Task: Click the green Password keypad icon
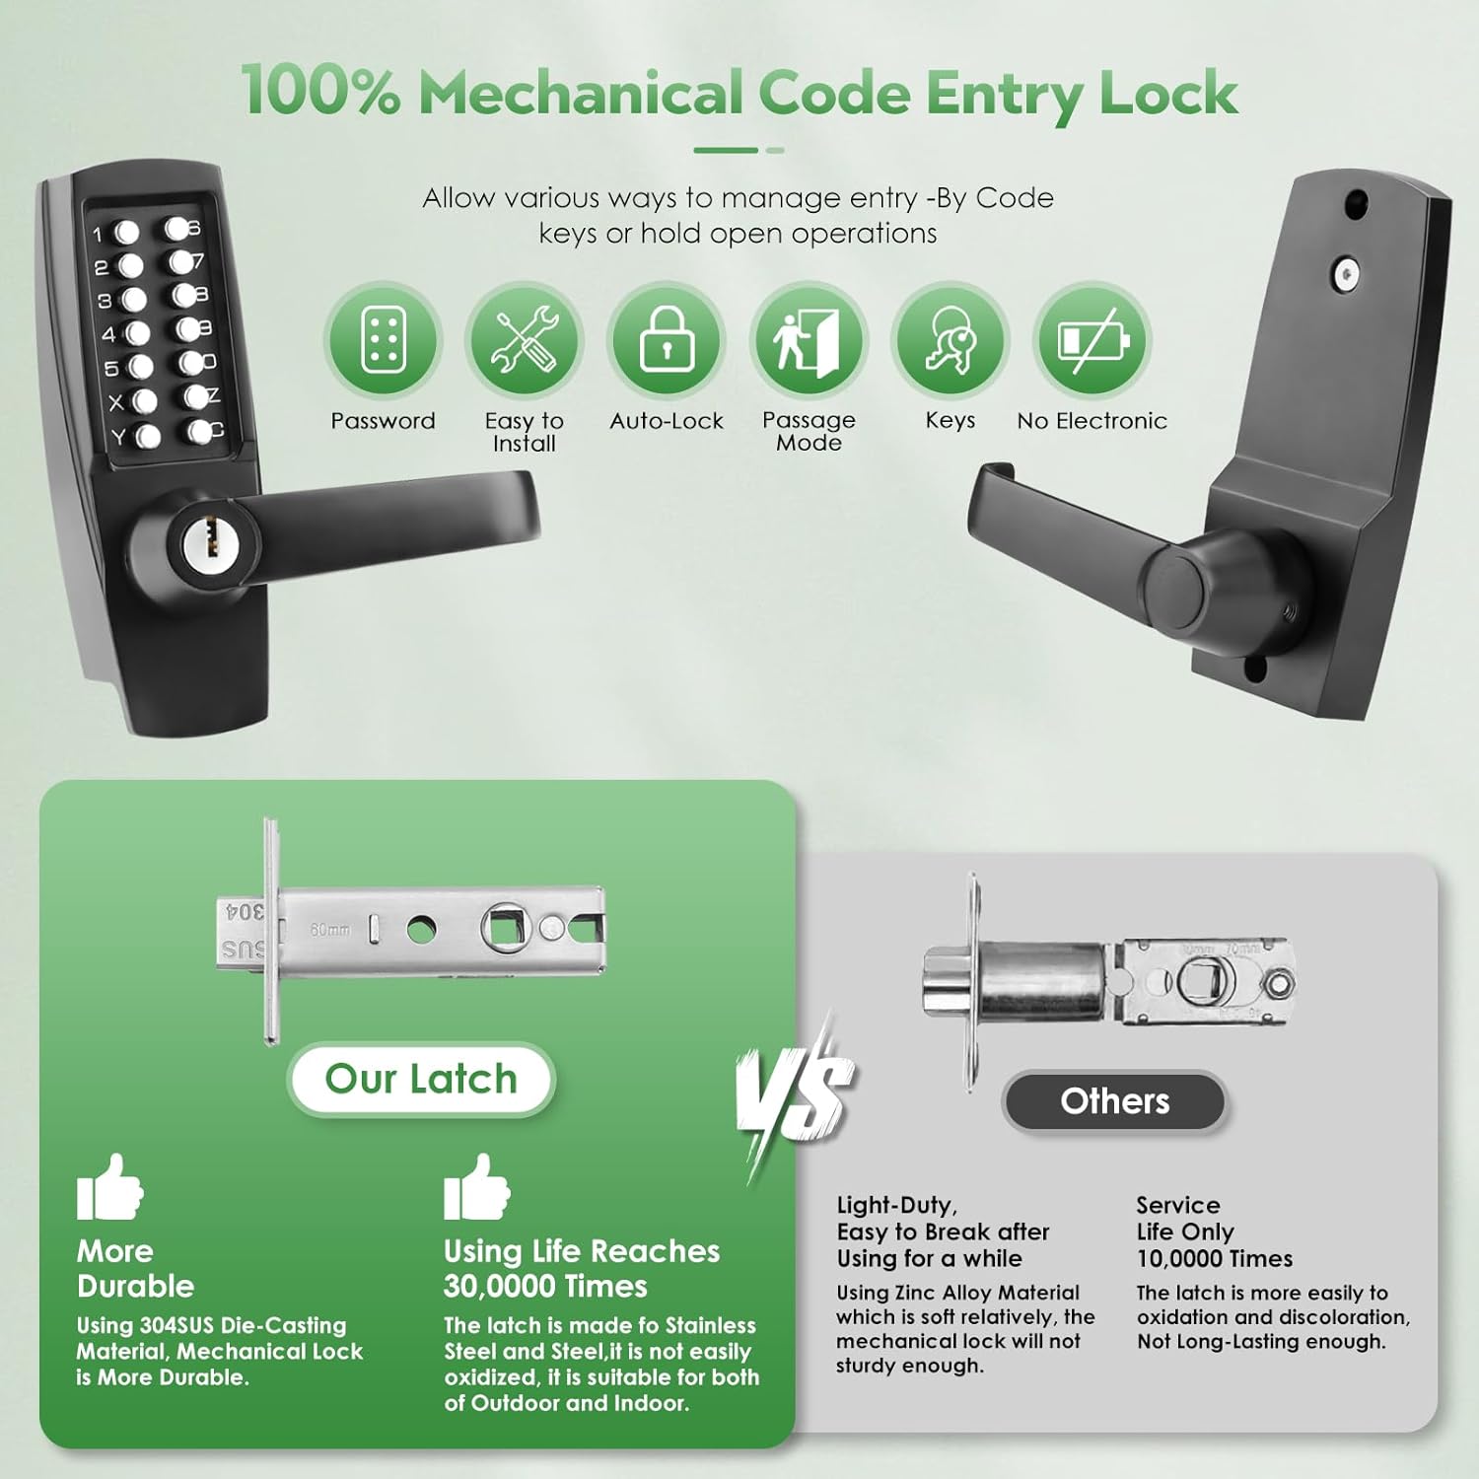[383, 340]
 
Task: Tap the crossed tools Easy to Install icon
[525, 340]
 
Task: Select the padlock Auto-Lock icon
[667, 340]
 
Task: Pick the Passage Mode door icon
[809, 340]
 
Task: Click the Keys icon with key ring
[951, 340]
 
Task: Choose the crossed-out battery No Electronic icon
[1092, 340]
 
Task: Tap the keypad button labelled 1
[126, 233]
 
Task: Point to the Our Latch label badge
[421, 1079]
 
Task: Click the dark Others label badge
[1114, 1100]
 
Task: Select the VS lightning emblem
[795, 1094]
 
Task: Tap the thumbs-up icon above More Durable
[109, 1188]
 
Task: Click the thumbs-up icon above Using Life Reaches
[476, 1188]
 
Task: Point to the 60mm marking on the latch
[330, 930]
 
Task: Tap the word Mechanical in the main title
[581, 94]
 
